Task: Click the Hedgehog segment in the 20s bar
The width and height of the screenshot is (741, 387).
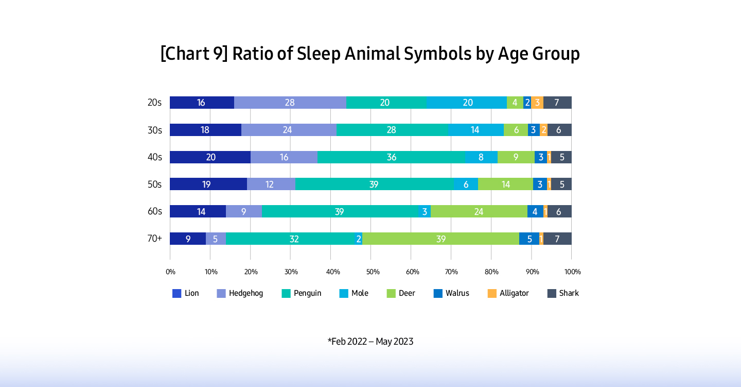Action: tap(290, 103)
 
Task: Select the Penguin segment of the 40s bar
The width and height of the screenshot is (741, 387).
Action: tap(391, 157)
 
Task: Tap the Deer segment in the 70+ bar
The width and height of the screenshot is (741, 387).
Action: tap(440, 239)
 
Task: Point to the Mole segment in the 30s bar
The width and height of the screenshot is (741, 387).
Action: tap(475, 130)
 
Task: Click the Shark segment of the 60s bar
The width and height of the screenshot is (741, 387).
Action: tap(559, 211)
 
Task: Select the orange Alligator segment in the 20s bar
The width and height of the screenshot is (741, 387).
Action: tap(537, 103)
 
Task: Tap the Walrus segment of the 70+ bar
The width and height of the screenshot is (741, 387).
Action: tap(529, 239)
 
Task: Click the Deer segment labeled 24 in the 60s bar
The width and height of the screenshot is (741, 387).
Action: tap(479, 211)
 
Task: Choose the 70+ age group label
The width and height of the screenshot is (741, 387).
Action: tap(154, 239)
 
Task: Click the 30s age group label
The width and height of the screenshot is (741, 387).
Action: tap(154, 130)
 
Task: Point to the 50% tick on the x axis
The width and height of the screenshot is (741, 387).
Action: tap(373, 272)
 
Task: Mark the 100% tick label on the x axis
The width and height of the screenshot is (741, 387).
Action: tap(572, 272)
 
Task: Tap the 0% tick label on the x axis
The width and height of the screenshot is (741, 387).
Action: tap(170, 272)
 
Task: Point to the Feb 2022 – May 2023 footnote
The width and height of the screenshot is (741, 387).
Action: tap(370, 341)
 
